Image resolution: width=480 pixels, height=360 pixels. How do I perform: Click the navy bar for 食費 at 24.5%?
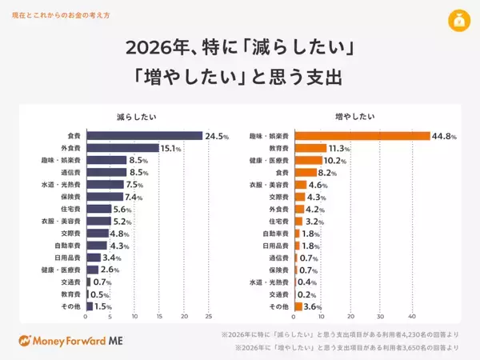point(144,136)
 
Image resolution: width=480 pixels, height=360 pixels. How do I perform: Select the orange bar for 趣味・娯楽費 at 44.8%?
point(362,136)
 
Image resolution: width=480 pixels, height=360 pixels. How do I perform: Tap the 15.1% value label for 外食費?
point(171,148)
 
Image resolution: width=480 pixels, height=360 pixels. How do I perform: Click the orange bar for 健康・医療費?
point(308,160)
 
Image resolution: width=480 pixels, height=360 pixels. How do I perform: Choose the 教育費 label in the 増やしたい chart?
point(278,148)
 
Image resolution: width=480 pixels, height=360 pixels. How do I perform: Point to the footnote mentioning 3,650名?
point(346,348)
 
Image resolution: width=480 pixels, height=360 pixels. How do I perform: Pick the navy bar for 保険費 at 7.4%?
point(104,197)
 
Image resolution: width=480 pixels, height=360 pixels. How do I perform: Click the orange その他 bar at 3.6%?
point(298,306)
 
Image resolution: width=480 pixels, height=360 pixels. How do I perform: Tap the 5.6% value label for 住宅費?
point(122,209)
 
